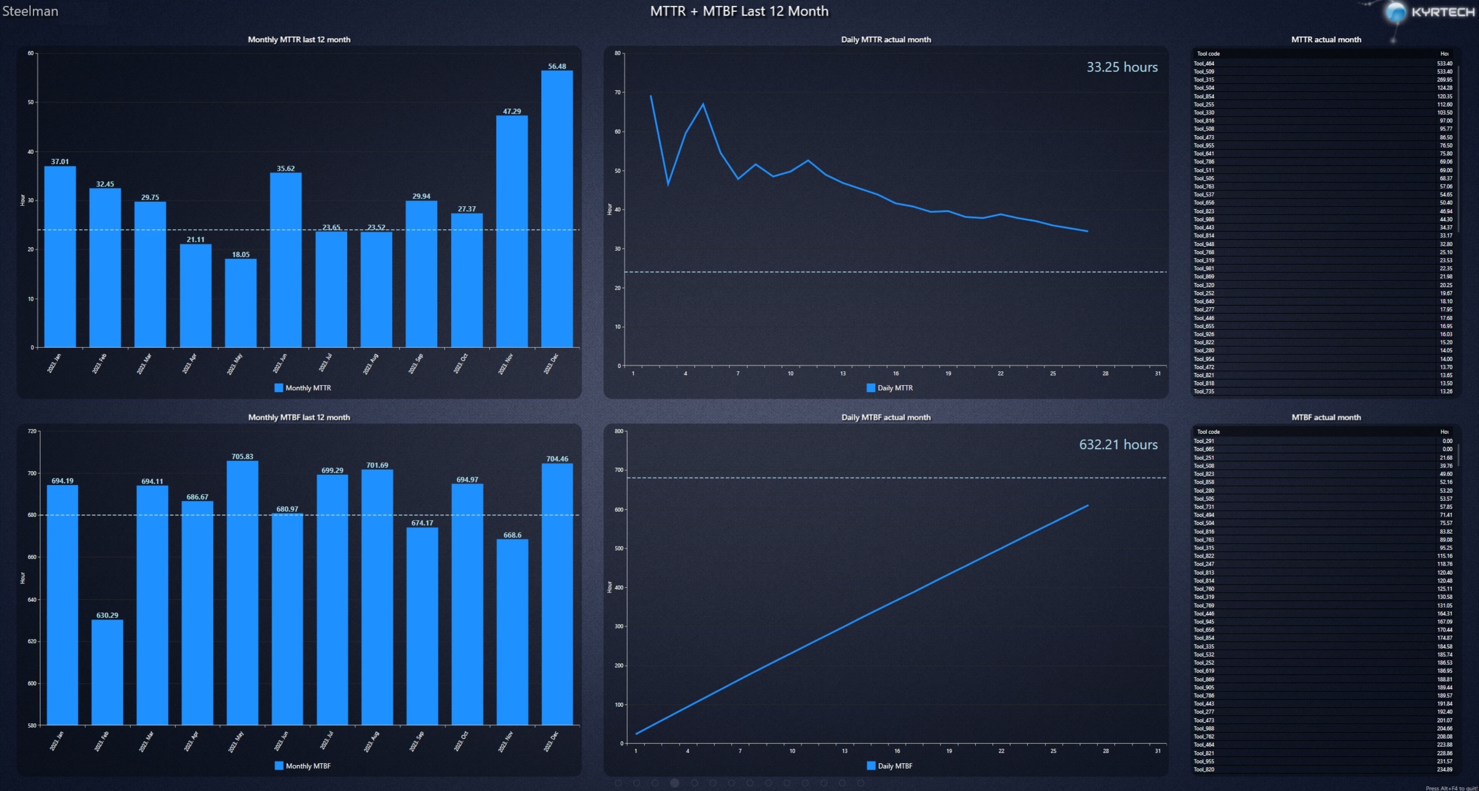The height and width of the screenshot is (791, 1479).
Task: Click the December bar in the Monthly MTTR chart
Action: tap(556, 209)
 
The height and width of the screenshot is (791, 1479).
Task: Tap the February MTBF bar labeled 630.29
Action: tap(107, 672)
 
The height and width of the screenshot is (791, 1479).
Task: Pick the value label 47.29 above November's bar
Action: tap(511, 111)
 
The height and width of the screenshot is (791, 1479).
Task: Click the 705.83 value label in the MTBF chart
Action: tap(242, 457)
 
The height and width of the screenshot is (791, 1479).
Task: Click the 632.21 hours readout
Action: tap(1118, 444)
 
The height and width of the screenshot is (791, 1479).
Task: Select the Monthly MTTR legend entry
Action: tap(303, 388)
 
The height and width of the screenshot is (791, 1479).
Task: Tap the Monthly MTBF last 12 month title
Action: tap(298, 417)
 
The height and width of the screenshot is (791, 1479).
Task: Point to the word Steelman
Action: tap(30, 11)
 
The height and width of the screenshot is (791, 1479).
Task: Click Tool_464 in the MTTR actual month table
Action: tap(1204, 63)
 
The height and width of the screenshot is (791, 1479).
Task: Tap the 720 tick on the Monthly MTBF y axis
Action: tap(32, 431)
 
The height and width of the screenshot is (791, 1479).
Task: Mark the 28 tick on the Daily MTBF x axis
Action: tap(1105, 751)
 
